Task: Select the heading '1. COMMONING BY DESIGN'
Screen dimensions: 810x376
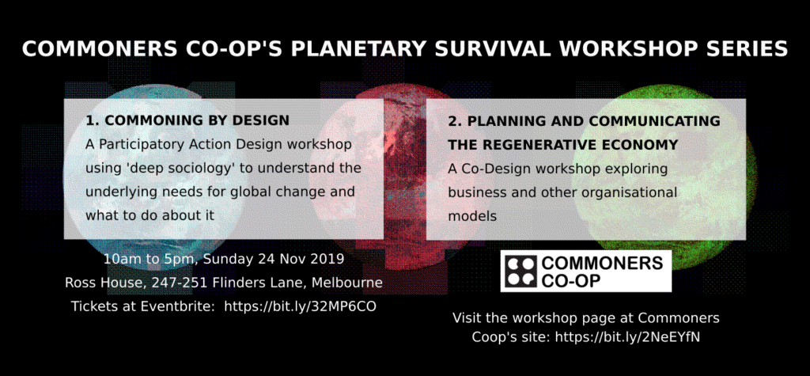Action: [x=187, y=120]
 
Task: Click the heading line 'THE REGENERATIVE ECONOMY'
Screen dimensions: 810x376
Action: [x=562, y=146]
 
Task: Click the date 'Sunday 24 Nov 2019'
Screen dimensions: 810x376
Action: [x=274, y=259]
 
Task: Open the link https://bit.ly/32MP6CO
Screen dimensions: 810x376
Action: [x=300, y=306]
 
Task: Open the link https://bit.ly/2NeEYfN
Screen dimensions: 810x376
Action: [x=627, y=337]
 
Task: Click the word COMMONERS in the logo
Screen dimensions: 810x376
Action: [x=602, y=264]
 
